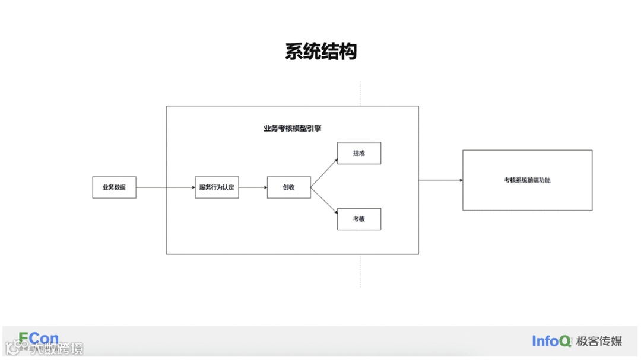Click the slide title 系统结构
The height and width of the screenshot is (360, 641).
pyautogui.click(x=320, y=52)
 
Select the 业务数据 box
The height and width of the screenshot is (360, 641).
pyautogui.click(x=114, y=187)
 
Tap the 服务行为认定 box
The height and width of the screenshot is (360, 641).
pyautogui.click(x=217, y=187)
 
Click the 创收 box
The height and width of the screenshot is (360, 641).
pyautogui.click(x=288, y=187)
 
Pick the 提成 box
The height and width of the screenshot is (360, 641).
pyautogui.click(x=358, y=153)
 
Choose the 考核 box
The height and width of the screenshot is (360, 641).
pyautogui.click(x=358, y=219)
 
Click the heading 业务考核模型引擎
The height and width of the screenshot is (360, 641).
pyautogui.click(x=292, y=128)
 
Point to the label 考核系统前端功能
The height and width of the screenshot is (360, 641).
pyautogui.click(x=527, y=180)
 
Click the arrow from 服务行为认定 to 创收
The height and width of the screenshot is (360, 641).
pyautogui.click(x=253, y=187)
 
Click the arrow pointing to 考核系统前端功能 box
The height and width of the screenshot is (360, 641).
pyautogui.click(x=440, y=180)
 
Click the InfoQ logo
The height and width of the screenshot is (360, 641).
pyautogui.click(x=552, y=341)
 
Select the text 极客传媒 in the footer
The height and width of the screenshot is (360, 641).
pyautogui.click(x=599, y=341)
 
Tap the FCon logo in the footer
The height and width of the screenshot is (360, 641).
pyautogui.click(x=39, y=339)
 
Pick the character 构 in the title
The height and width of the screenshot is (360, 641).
pyautogui.click(x=348, y=52)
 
